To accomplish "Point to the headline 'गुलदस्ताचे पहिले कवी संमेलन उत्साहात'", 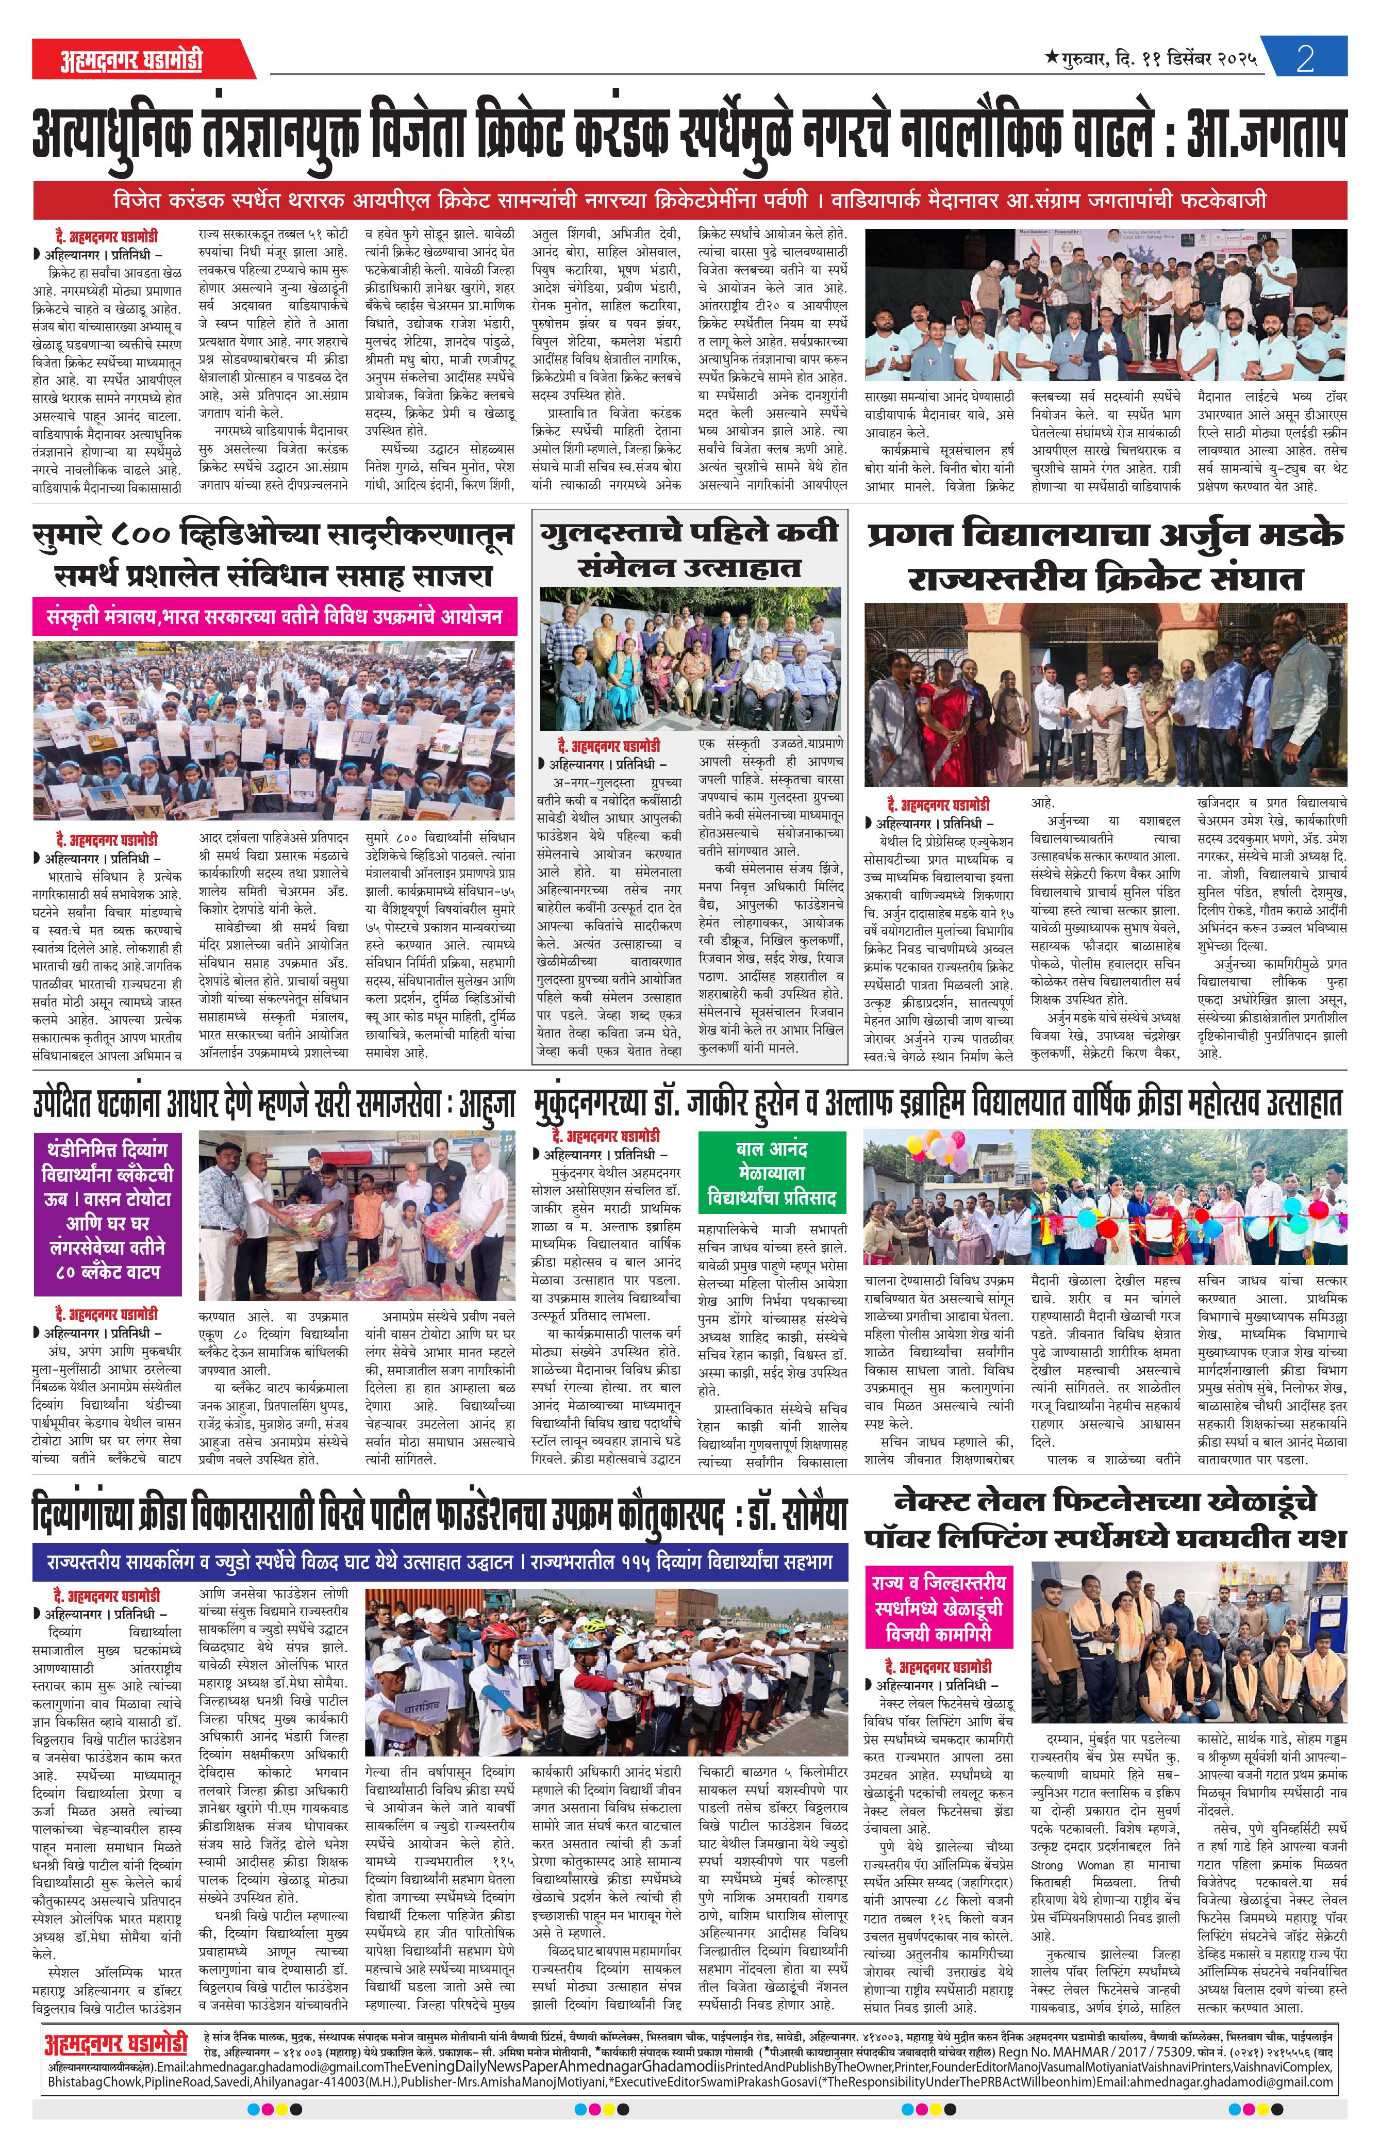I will (x=689, y=549).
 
